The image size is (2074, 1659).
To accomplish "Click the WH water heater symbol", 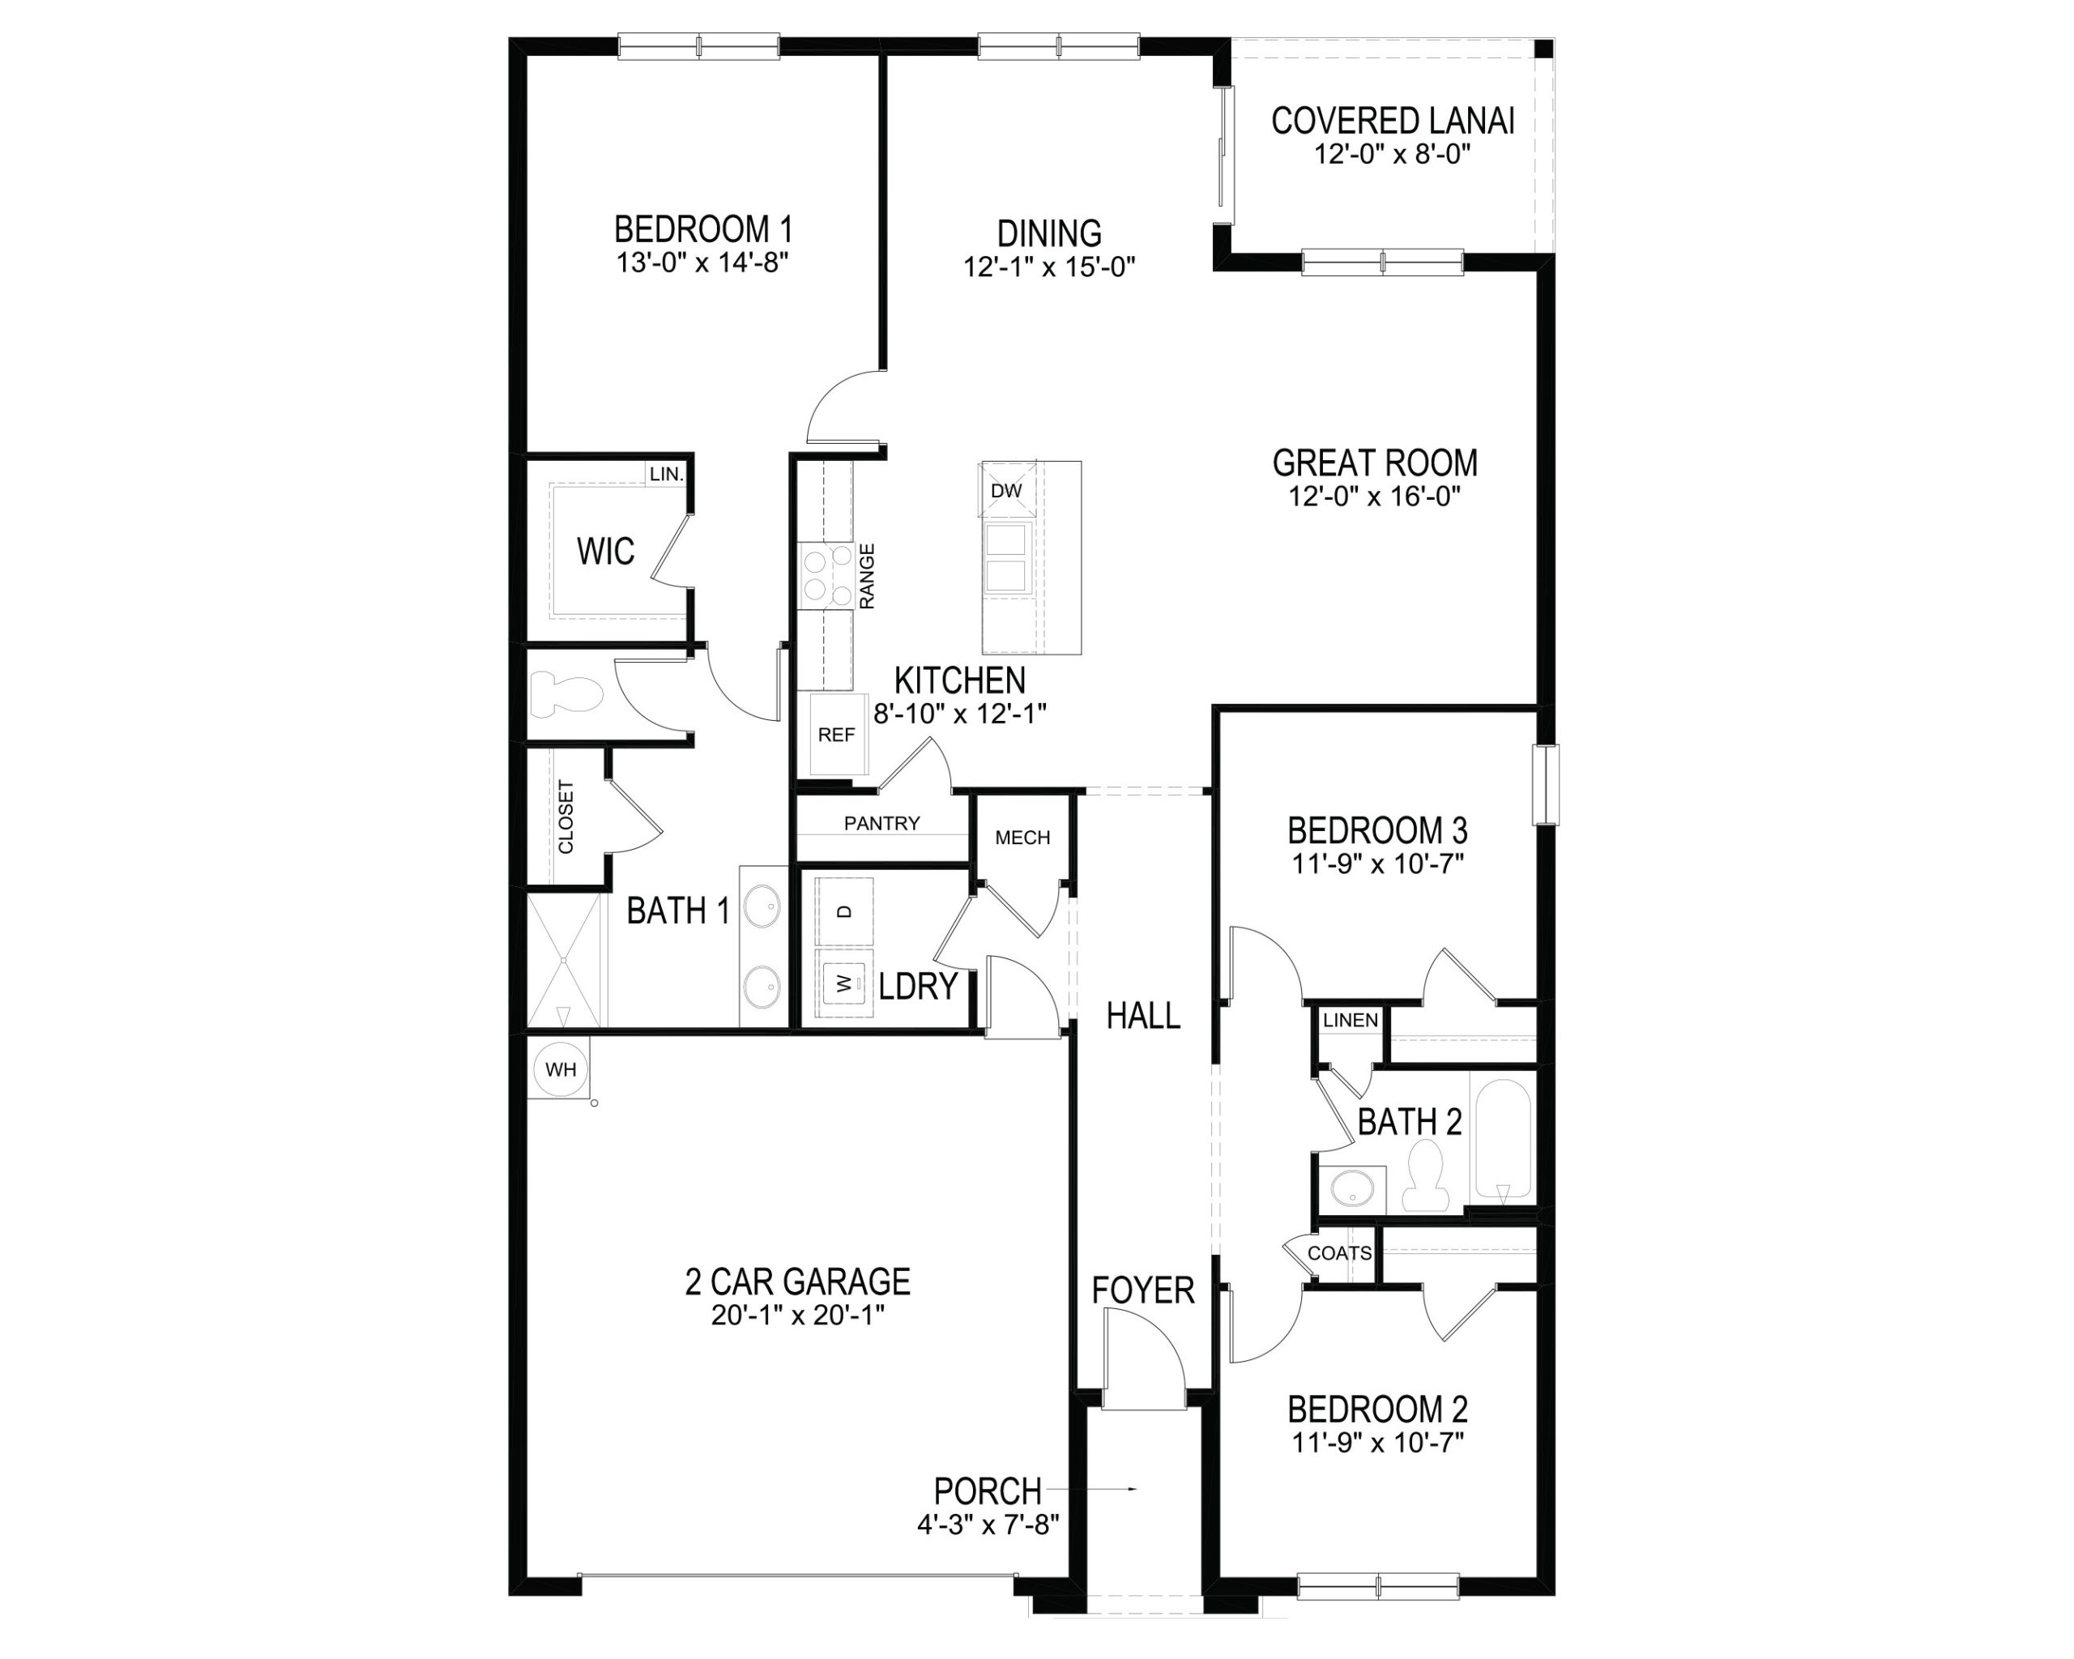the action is (x=560, y=1068).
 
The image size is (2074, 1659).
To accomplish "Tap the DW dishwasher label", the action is (x=1005, y=490).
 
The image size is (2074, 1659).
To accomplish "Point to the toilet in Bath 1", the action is (x=565, y=693).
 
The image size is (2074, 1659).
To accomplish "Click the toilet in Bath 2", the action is (x=1426, y=1175).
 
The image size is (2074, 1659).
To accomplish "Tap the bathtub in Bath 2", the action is (x=1502, y=1141).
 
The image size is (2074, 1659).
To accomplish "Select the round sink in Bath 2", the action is (x=1355, y=1191).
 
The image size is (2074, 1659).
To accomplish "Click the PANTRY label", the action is (x=881, y=823).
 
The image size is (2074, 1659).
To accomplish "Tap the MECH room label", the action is (x=1022, y=838).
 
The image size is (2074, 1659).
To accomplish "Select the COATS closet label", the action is (x=1339, y=1253).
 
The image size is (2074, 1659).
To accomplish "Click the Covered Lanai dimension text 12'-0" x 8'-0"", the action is (x=1393, y=154).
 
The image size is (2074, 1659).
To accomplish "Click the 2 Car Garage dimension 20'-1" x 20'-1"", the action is (x=797, y=1315).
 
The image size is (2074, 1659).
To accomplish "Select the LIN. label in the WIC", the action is (x=666, y=474).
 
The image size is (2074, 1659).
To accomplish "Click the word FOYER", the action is (x=1143, y=1290).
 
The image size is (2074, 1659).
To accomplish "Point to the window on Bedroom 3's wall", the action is (x=1546, y=784).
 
